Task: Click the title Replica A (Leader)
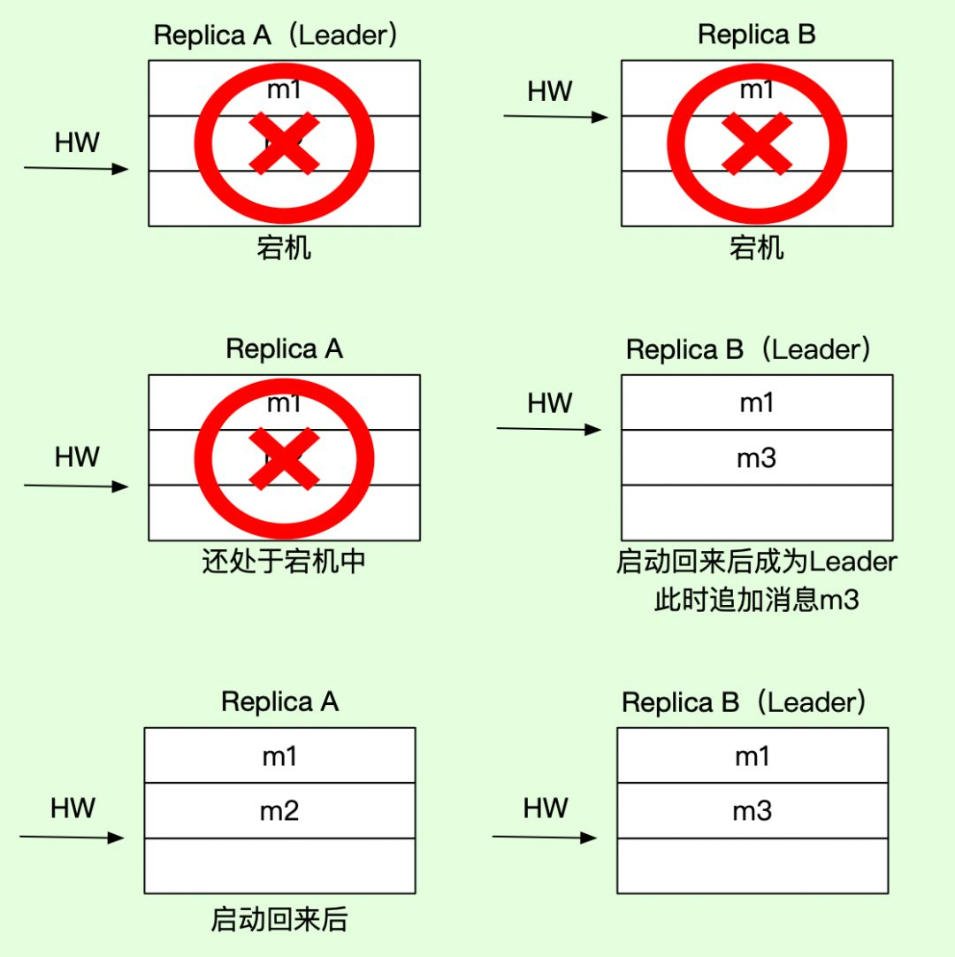pyautogui.click(x=276, y=36)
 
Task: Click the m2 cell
pyautogui.click(x=279, y=810)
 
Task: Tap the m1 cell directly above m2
pyautogui.click(x=279, y=755)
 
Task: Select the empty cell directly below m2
pyautogui.click(x=279, y=865)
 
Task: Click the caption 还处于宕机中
pyautogui.click(x=284, y=563)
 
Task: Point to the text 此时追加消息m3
pyautogui.click(x=757, y=601)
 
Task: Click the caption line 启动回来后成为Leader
pyautogui.click(x=757, y=563)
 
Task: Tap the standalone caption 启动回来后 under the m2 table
pyautogui.click(x=279, y=920)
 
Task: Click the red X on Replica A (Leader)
pyautogui.click(x=284, y=142)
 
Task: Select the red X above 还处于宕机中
pyautogui.click(x=284, y=457)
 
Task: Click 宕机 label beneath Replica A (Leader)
pyautogui.click(x=284, y=249)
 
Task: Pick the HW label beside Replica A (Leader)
pyautogui.click(x=77, y=142)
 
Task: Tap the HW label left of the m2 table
pyautogui.click(x=73, y=808)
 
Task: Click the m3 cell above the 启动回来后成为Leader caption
pyautogui.click(x=757, y=457)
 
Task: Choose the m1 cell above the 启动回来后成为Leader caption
pyautogui.click(x=757, y=402)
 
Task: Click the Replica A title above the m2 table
pyautogui.click(x=279, y=702)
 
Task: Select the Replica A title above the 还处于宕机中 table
pyautogui.click(x=284, y=349)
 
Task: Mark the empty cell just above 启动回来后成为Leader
pyautogui.click(x=757, y=512)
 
